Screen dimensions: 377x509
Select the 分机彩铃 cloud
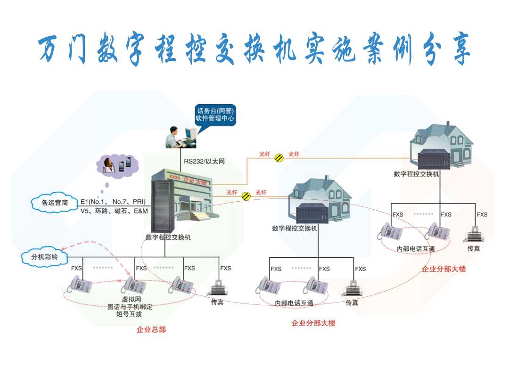pyautogui.click(x=43, y=257)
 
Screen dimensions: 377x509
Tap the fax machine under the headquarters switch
pyautogui.click(x=217, y=287)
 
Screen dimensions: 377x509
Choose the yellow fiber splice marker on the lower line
pyautogui.click(x=246, y=196)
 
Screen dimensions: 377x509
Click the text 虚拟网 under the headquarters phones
pyautogui.click(x=131, y=299)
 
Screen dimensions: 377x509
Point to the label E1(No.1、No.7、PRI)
pyautogui.click(x=113, y=201)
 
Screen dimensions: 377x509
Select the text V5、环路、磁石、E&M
pyautogui.click(x=113, y=211)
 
